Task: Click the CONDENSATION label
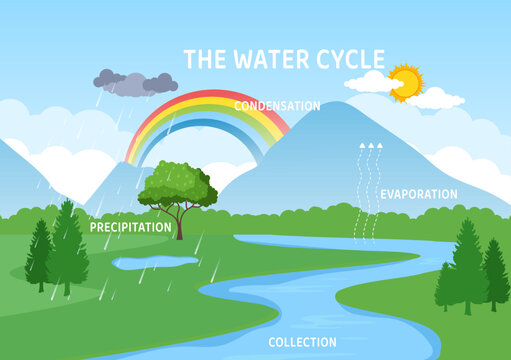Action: point(277,105)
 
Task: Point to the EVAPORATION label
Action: point(419,194)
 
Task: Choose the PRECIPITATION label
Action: point(131,227)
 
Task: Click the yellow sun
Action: point(406,82)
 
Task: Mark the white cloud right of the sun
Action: point(438,98)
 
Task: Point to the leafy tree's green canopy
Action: point(178,184)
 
